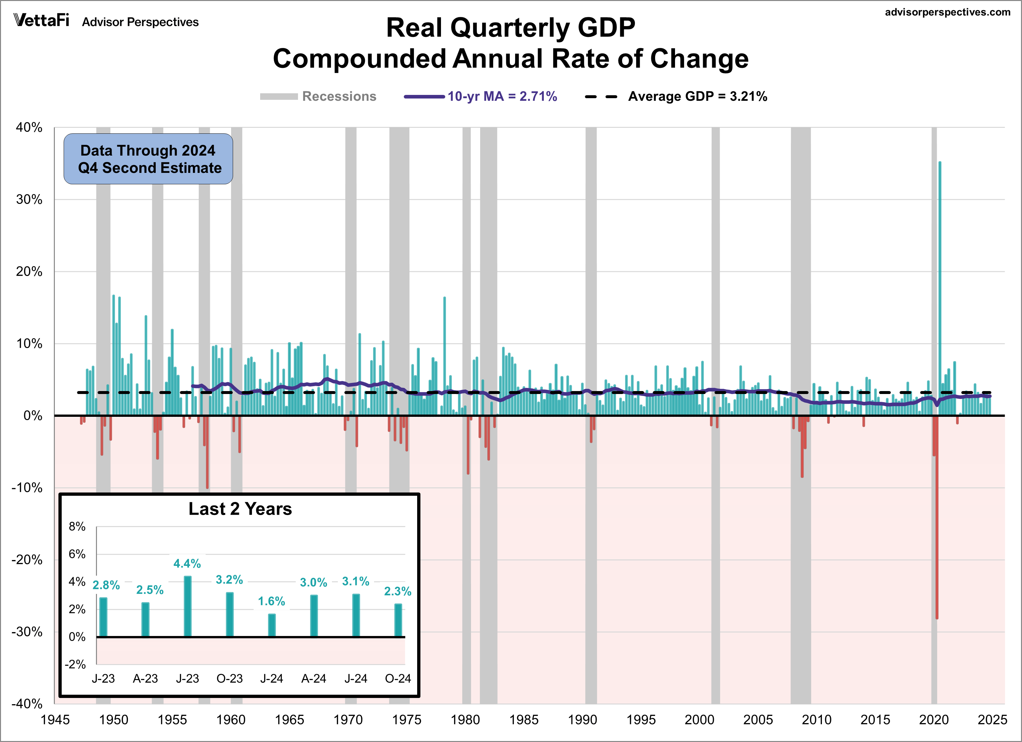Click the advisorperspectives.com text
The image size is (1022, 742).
pyautogui.click(x=948, y=12)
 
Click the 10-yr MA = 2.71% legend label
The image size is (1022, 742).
pyautogui.click(x=502, y=96)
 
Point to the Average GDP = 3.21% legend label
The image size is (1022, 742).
pyautogui.click(x=697, y=96)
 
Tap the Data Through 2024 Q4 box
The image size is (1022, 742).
pyautogui.click(x=148, y=159)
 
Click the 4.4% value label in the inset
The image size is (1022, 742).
pyautogui.click(x=187, y=563)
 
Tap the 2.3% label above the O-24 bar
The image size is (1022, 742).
pyautogui.click(x=398, y=591)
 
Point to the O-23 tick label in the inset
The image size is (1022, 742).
pyautogui.click(x=229, y=678)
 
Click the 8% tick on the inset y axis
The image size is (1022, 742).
pyautogui.click(x=77, y=526)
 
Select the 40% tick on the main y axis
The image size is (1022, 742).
pyautogui.click(x=29, y=128)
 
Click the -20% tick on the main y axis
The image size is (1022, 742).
pyautogui.click(x=27, y=560)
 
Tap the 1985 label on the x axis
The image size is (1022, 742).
pyautogui.click(x=524, y=719)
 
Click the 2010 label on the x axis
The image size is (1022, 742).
pyautogui.click(x=816, y=719)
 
